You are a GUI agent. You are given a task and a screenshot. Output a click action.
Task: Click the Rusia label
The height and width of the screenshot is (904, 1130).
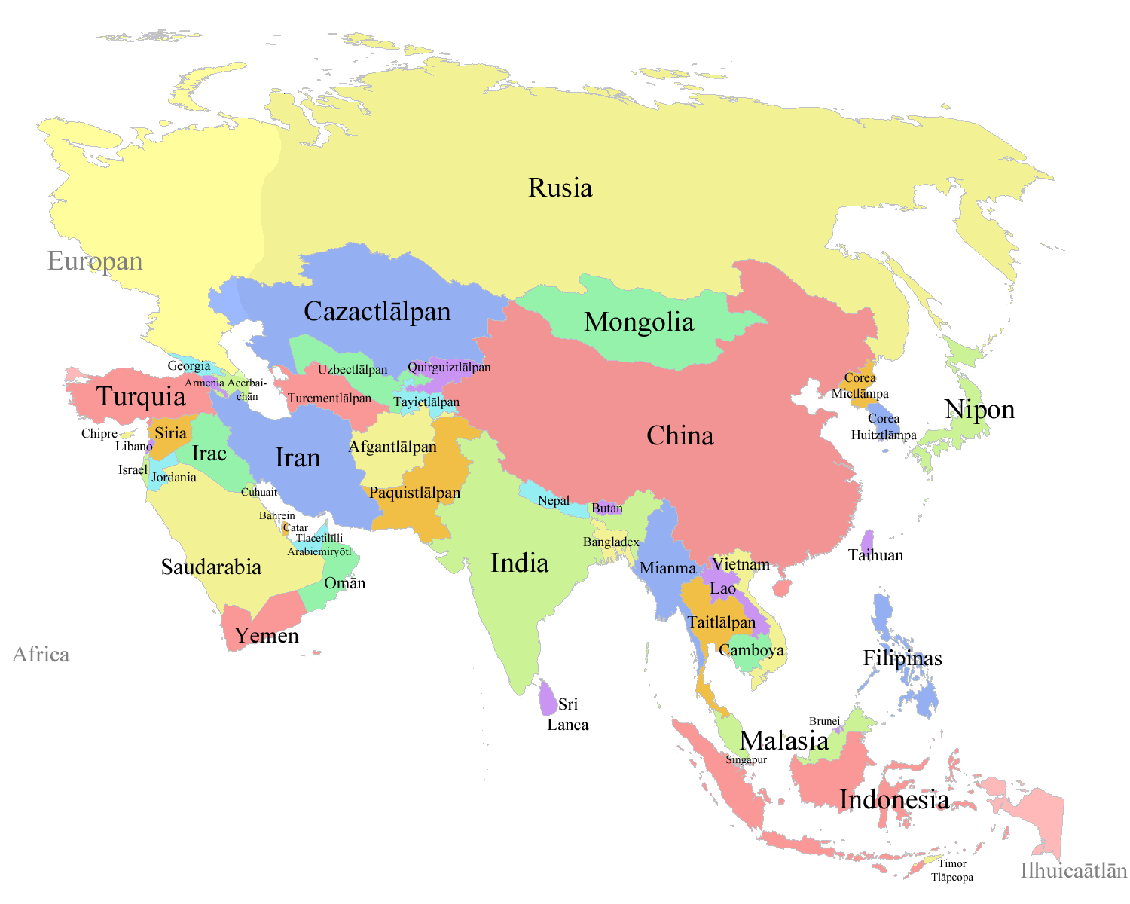click(x=560, y=188)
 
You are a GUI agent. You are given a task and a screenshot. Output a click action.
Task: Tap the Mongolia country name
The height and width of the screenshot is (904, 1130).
click(x=639, y=322)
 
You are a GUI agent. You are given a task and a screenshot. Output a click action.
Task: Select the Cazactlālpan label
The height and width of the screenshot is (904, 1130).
click(x=377, y=312)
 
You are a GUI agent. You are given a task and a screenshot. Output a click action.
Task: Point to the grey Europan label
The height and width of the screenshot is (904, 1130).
click(x=95, y=261)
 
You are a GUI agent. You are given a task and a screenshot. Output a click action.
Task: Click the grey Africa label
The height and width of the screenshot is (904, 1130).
click(x=41, y=655)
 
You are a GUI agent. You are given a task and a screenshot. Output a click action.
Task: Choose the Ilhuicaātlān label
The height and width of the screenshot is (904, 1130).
click(x=1073, y=871)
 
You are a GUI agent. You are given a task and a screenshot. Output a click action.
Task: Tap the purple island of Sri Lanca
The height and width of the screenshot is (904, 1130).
click(x=548, y=698)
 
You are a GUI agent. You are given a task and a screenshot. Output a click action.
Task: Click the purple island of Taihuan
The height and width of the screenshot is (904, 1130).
click(x=867, y=542)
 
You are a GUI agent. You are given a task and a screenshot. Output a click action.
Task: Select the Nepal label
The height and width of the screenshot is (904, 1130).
click(x=554, y=501)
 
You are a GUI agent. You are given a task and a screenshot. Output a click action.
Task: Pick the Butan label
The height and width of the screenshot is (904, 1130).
click(x=607, y=508)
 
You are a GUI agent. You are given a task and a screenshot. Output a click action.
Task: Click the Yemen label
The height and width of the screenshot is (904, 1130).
click(x=267, y=636)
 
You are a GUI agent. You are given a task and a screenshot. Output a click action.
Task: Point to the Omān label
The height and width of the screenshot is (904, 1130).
click(x=344, y=583)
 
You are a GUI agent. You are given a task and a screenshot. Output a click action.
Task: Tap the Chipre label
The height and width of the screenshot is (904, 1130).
click(x=99, y=434)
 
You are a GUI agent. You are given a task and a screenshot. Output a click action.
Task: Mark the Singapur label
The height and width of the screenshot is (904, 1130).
click(x=746, y=760)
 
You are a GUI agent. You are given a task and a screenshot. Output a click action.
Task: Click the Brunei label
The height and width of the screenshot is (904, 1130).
click(x=824, y=722)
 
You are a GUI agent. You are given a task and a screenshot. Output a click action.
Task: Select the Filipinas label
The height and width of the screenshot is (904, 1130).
click(x=902, y=658)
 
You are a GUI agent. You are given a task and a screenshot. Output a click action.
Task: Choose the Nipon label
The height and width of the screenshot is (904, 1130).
click(x=979, y=410)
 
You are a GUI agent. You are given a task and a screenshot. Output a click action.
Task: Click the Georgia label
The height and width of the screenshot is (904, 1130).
click(x=189, y=366)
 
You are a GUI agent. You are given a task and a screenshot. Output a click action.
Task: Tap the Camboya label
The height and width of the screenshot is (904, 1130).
click(x=751, y=650)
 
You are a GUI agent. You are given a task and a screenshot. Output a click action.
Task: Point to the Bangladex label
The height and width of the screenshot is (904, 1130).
click(x=611, y=542)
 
